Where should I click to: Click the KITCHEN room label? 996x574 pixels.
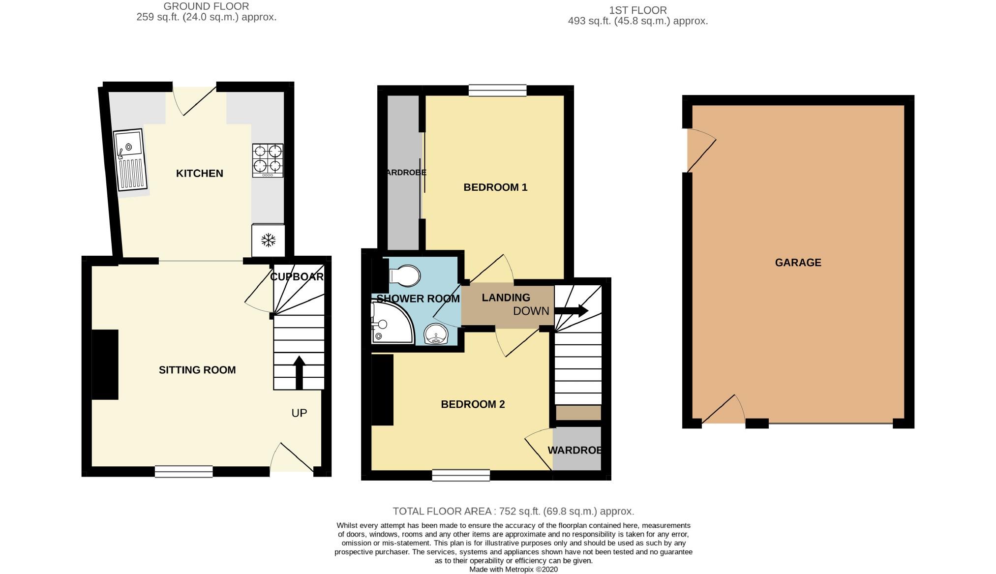[x=199, y=173]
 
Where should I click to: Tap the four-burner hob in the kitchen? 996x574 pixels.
[x=268, y=160]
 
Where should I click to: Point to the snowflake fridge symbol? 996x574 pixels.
[x=268, y=241]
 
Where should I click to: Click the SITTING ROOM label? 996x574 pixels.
[x=197, y=370]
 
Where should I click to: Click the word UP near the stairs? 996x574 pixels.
[x=299, y=413]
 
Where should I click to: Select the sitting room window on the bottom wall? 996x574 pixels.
[x=183, y=471]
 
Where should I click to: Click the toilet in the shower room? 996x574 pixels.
[x=405, y=276]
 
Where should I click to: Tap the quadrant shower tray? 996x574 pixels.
[x=390, y=323]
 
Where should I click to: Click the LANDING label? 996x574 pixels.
[x=506, y=298]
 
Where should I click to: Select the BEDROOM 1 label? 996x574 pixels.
[x=495, y=187]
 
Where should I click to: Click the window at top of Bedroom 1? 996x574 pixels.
[x=497, y=91]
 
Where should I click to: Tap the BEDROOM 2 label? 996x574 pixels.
[x=473, y=404]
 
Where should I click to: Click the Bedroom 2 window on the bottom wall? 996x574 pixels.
[x=461, y=475]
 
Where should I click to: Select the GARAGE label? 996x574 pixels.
[x=798, y=263]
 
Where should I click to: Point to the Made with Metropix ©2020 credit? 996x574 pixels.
[x=513, y=569]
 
